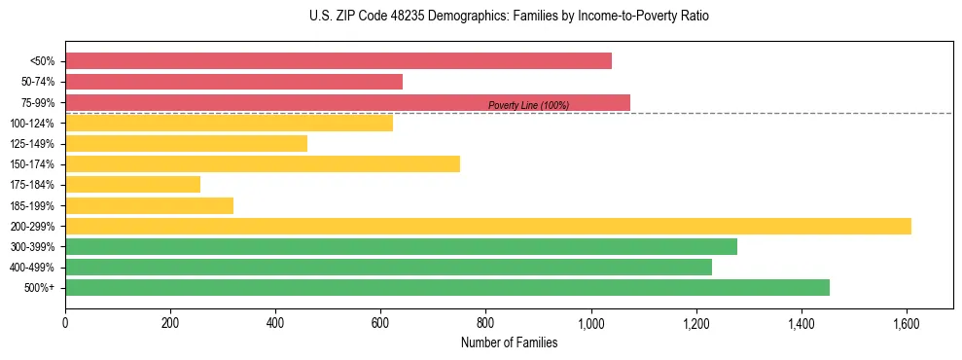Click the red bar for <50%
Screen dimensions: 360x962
point(338,61)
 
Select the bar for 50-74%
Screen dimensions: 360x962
point(233,82)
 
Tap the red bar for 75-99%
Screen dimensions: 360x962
point(347,102)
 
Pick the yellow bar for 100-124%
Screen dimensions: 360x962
point(229,123)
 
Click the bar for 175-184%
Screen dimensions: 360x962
point(132,185)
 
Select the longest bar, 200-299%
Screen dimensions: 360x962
point(488,226)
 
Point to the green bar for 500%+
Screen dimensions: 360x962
point(447,287)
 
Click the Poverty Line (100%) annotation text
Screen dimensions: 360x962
point(528,106)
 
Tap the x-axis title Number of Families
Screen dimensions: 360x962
point(509,342)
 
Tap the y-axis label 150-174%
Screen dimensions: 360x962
point(32,164)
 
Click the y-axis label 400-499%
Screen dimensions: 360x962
point(32,268)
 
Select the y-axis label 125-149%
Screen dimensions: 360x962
point(32,144)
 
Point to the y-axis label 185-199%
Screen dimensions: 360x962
point(32,205)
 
